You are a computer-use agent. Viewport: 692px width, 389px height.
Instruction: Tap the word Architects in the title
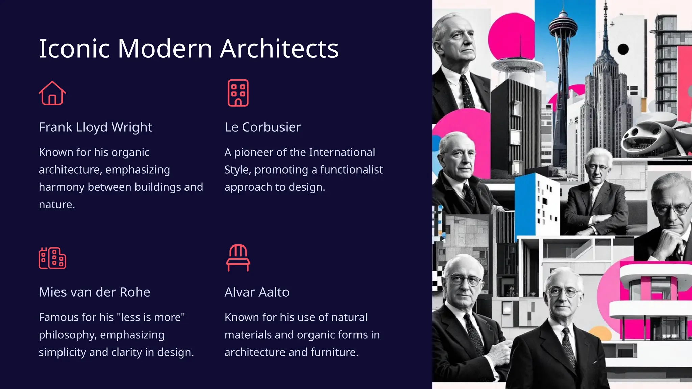pos(279,49)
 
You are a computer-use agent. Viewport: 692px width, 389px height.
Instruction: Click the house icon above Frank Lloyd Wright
pos(52,93)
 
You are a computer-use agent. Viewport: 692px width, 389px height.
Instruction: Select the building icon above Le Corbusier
pos(238,93)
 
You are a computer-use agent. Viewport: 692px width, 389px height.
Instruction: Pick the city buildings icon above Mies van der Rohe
pos(52,258)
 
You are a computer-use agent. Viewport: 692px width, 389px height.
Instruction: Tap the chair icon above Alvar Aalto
pos(238,258)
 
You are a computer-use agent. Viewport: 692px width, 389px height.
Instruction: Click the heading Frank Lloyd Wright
pos(95,127)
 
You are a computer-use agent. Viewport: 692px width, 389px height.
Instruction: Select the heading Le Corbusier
pos(263,127)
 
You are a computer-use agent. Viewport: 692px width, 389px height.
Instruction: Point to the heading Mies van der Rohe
pos(94,292)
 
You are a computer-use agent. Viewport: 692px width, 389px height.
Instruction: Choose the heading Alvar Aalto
pos(257,292)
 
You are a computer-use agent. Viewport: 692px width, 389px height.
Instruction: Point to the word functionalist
pos(351,170)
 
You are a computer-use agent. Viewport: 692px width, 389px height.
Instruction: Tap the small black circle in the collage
pos(623,50)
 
